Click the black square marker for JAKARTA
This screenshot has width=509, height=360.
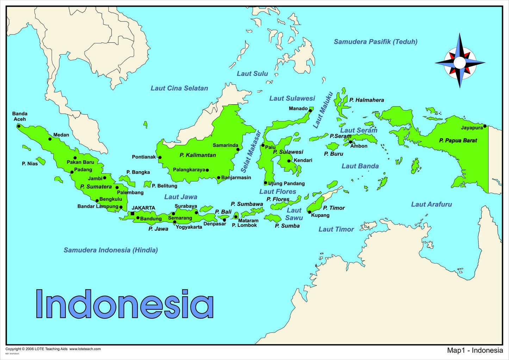(x=132, y=213)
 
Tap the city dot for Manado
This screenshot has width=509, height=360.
(x=310, y=111)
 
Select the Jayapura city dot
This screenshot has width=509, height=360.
(x=485, y=126)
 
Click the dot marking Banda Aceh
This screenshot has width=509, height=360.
(x=19, y=126)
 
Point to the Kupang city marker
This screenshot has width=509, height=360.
(x=310, y=212)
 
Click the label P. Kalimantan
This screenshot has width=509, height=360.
(x=198, y=155)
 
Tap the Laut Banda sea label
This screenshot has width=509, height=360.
(x=360, y=166)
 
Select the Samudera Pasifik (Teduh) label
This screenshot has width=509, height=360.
(x=375, y=42)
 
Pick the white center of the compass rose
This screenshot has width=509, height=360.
(x=460, y=63)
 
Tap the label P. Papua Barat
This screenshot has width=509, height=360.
(x=458, y=140)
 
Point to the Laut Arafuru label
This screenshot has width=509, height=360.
(x=431, y=204)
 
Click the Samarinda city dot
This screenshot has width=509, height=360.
(x=238, y=149)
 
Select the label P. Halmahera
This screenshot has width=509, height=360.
(x=366, y=100)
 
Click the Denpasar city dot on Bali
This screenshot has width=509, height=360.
(x=224, y=220)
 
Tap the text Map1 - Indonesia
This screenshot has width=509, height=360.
(x=475, y=350)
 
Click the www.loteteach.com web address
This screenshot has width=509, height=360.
(x=85, y=349)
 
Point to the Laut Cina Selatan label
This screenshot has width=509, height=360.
(x=179, y=88)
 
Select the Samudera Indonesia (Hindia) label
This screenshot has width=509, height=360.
(x=111, y=250)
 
